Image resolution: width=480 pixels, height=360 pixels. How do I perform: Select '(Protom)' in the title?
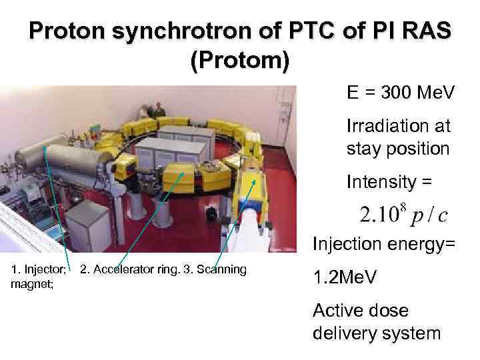[x=240, y=61]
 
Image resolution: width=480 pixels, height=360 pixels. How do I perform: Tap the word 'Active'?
[x=341, y=311]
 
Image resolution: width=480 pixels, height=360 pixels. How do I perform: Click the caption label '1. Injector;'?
[x=39, y=270]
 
